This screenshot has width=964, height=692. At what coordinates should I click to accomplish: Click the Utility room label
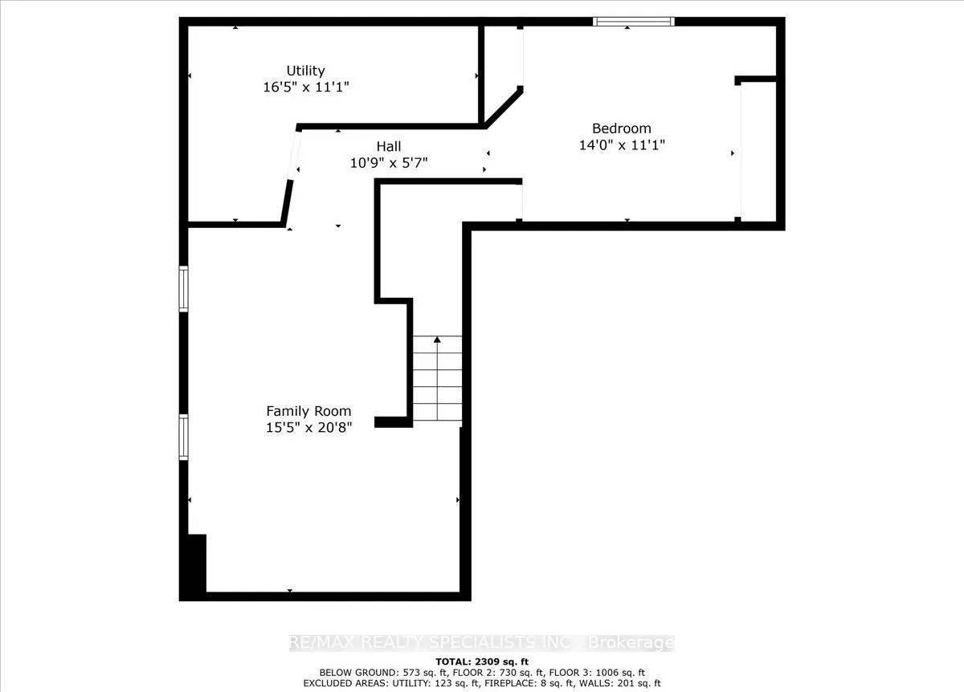(306, 71)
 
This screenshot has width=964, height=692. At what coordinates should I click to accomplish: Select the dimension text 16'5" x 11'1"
(306, 87)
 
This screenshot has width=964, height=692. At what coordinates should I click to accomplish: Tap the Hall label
(389, 147)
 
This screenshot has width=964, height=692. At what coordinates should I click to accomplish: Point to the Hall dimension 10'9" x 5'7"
(389, 162)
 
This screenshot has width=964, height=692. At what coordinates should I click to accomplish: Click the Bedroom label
(621, 128)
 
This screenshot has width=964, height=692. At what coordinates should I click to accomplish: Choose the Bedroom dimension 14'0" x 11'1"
(621, 145)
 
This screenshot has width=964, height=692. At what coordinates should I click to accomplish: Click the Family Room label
(308, 411)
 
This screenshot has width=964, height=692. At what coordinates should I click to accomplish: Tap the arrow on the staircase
(438, 340)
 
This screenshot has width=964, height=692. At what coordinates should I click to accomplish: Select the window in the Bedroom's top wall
(633, 22)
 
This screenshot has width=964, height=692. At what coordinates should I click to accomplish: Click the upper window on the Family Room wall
(183, 289)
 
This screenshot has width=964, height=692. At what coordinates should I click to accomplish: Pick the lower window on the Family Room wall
(183, 437)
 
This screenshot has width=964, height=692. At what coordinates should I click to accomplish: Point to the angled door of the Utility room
(293, 153)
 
